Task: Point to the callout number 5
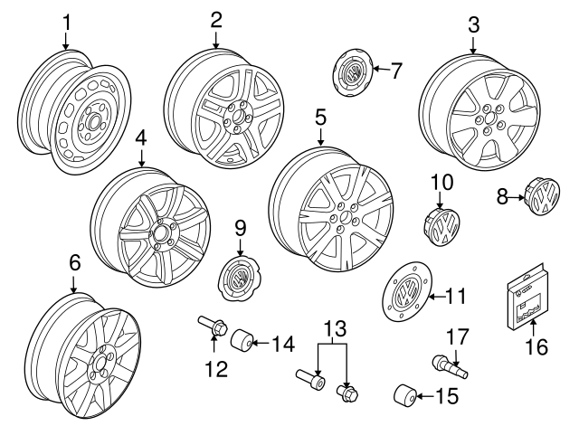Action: coord(320,118)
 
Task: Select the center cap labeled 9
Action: coord(239,274)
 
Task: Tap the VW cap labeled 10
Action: coord(443,222)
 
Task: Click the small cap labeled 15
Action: coord(405,396)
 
